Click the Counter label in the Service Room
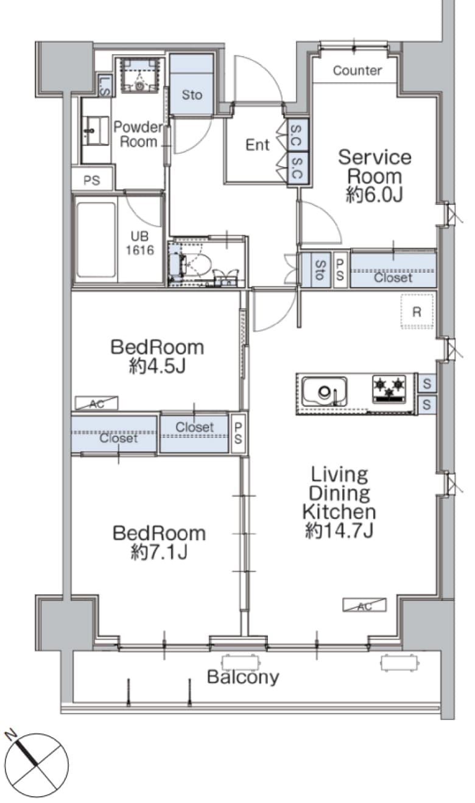[357, 71]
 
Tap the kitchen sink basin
[325, 392]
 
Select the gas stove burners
[389, 389]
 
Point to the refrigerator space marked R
[417, 311]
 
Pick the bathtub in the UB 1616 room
[96, 240]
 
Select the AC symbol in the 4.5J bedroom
[96, 403]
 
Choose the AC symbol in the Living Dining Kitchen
[365, 605]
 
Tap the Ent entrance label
[257, 145]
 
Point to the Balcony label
[243, 677]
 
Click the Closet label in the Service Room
[393, 277]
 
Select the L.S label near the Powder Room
[104, 86]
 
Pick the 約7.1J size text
[159, 552]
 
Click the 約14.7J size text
[339, 531]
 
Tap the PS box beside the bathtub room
[92, 179]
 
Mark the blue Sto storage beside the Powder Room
[192, 85]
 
